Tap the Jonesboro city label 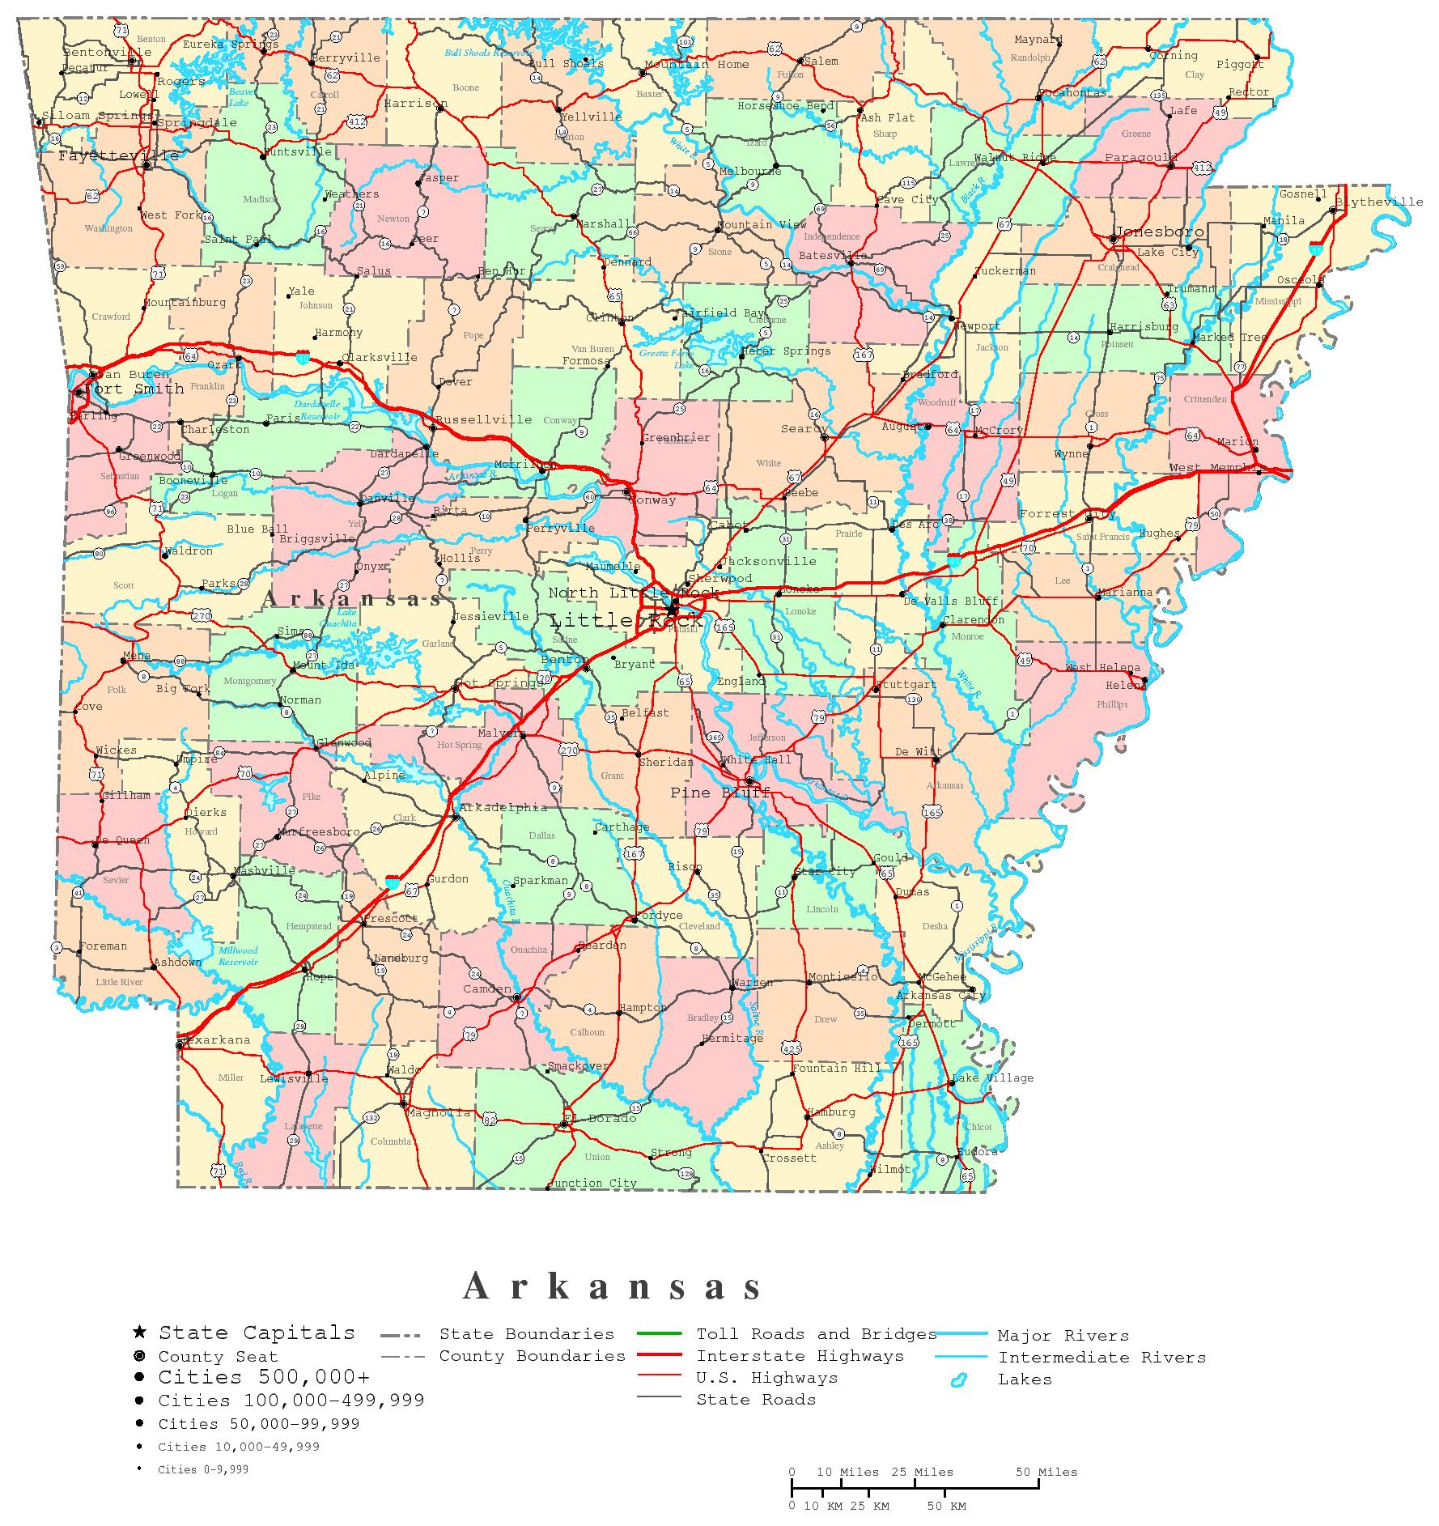pyautogui.click(x=1159, y=232)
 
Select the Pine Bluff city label pyautogui.click(x=719, y=793)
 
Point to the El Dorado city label pyautogui.click(x=601, y=1118)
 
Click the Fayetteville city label pyautogui.click(x=118, y=155)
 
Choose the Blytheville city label pyautogui.click(x=1379, y=202)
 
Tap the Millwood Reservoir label pyautogui.click(x=238, y=956)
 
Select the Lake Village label pyautogui.click(x=992, y=1078)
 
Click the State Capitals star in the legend pyautogui.click(x=139, y=1332)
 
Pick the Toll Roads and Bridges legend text pyautogui.click(x=816, y=1333)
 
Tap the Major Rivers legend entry pyautogui.click(x=1063, y=1335)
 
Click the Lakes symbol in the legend pyautogui.click(x=959, y=1379)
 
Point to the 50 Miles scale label pyautogui.click(x=1046, y=1472)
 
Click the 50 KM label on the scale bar pyautogui.click(x=946, y=1506)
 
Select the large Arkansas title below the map pyautogui.click(x=612, y=1286)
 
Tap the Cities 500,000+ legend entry pyautogui.click(x=264, y=1377)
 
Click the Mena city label pyautogui.click(x=137, y=656)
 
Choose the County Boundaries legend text pyautogui.click(x=532, y=1356)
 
